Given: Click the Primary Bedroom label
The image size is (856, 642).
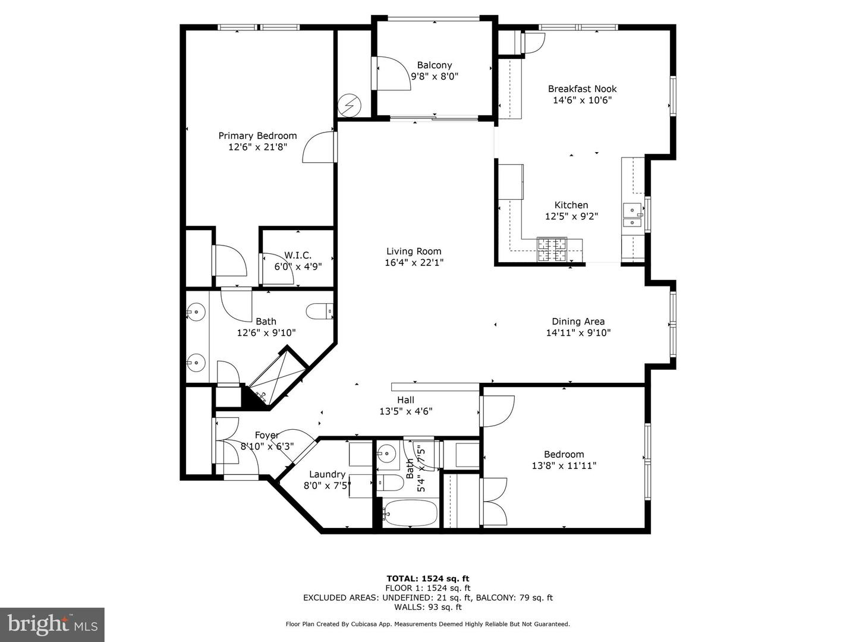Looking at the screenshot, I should (257, 136).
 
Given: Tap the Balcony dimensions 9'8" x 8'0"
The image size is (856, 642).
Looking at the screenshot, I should (435, 76).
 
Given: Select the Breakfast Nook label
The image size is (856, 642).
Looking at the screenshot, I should (582, 89).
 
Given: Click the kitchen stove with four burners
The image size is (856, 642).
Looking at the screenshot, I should (552, 249).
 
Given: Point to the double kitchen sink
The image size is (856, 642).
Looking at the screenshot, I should (632, 215).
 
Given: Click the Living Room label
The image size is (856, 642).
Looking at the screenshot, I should (414, 251).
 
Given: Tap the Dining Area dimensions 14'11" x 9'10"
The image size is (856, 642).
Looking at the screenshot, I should (578, 333).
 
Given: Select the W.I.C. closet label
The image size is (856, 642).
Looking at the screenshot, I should (298, 255).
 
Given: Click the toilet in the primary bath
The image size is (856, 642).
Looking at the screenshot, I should (320, 311).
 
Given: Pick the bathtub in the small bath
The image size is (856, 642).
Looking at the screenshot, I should (410, 512).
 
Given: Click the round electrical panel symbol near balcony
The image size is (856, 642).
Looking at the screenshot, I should (349, 106).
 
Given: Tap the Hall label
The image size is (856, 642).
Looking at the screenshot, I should (405, 400).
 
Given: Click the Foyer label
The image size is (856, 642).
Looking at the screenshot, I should (266, 435).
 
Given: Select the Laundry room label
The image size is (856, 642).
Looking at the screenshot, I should (327, 474).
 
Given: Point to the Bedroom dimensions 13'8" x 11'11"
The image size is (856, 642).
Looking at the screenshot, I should (564, 466).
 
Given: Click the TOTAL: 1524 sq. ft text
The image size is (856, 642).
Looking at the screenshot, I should (427, 578).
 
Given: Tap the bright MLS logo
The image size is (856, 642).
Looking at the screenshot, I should (52, 624).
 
